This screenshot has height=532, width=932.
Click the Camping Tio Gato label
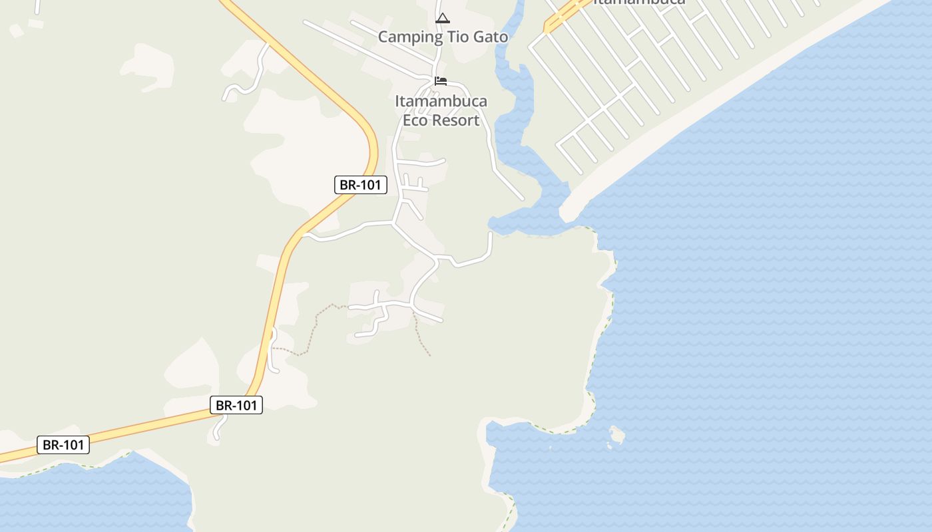[x=443, y=37]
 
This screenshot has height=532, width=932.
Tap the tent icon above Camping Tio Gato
[x=443, y=18]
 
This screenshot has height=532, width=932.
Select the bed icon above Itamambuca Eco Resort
[x=441, y=81]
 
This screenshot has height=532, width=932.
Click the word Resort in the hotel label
[x=455, y=120]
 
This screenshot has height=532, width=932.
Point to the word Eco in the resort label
[x=415, y=120]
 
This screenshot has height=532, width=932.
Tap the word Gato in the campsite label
[x=491, y=37]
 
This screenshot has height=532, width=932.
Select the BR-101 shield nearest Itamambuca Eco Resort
[x=360, y=185]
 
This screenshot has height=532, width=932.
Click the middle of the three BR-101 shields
[x=236, y=405]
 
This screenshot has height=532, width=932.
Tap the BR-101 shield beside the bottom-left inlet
[x=63, y=445]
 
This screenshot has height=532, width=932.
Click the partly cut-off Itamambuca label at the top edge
[x=638, y=2]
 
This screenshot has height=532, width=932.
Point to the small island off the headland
[x=616, y=436]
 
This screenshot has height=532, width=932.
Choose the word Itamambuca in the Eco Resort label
[x=441, y=102]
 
